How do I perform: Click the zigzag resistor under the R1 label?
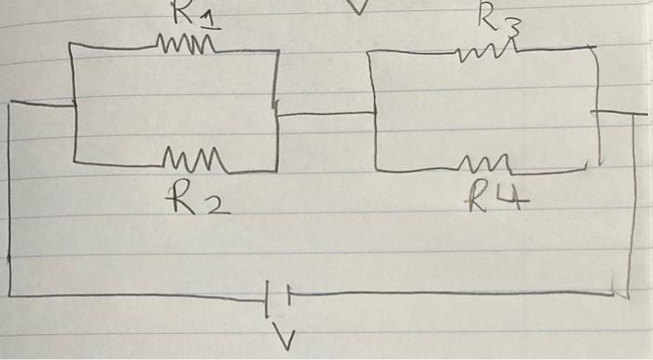click(x=188, y=44)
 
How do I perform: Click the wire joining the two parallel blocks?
click(x=324, y=114)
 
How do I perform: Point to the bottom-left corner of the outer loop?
click(x=11, y=296)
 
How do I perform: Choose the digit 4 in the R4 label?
click(x=510, y=198)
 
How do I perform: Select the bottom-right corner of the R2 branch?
click(x=277, y=170)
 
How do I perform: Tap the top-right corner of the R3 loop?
click(x=595, y=48)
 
